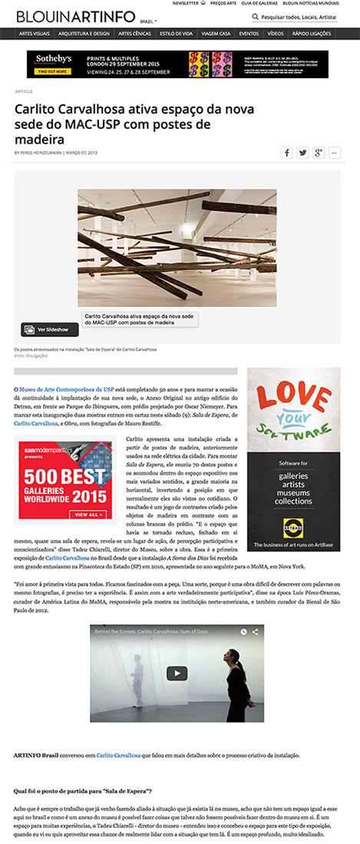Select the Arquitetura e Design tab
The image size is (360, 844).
tap(85, 34)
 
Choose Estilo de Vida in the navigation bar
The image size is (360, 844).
tap(176, 34)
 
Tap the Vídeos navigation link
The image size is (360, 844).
tap(274, 34)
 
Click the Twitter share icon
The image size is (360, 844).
tap(302, 153)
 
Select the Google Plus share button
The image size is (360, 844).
tap(318, 153)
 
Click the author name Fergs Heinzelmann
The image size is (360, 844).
tap(47, 152)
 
